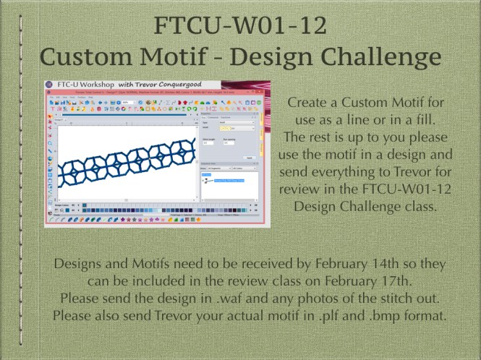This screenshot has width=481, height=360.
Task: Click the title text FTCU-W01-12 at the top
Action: click(240, 26)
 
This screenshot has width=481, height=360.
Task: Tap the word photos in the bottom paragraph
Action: click(327, 298)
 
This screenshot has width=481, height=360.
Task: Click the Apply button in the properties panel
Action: click(249, 157)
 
